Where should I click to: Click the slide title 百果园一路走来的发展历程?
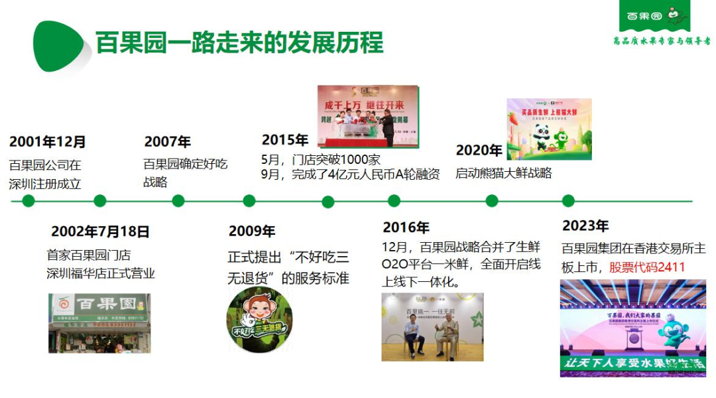coord(239,42)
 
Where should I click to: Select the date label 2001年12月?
coord(48,142)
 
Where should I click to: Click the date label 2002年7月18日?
coord(100,232)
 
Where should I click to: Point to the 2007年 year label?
coord(167,142)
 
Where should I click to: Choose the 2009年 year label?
coord(252,232)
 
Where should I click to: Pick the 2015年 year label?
coord(285,140)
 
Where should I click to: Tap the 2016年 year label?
coord(406,228)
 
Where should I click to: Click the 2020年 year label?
coord(479,151)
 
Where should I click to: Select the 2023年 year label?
coord(585,226)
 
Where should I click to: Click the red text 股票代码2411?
coord(647,267)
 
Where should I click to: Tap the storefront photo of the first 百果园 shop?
coord(99,323)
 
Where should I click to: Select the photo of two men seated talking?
coord(432,327)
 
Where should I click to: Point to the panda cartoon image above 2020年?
coord(549,129)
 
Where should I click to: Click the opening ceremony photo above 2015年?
coord(368,116)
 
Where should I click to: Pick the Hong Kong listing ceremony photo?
coord(632,328)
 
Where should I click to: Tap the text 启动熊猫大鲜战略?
coord(503,174)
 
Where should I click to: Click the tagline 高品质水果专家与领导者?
coord(662,41)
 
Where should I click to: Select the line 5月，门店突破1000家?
coord(321,160)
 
